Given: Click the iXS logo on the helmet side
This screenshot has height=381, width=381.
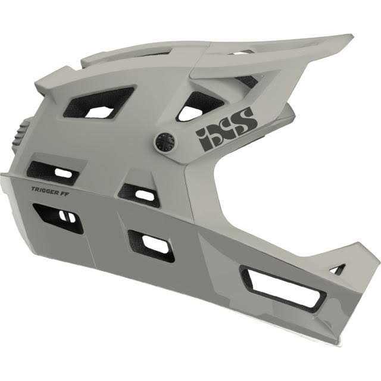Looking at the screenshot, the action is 226,128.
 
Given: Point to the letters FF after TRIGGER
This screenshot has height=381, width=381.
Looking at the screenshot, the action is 62,192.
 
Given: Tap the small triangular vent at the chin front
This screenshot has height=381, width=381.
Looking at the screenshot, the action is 338,269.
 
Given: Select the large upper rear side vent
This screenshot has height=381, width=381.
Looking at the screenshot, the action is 99,103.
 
